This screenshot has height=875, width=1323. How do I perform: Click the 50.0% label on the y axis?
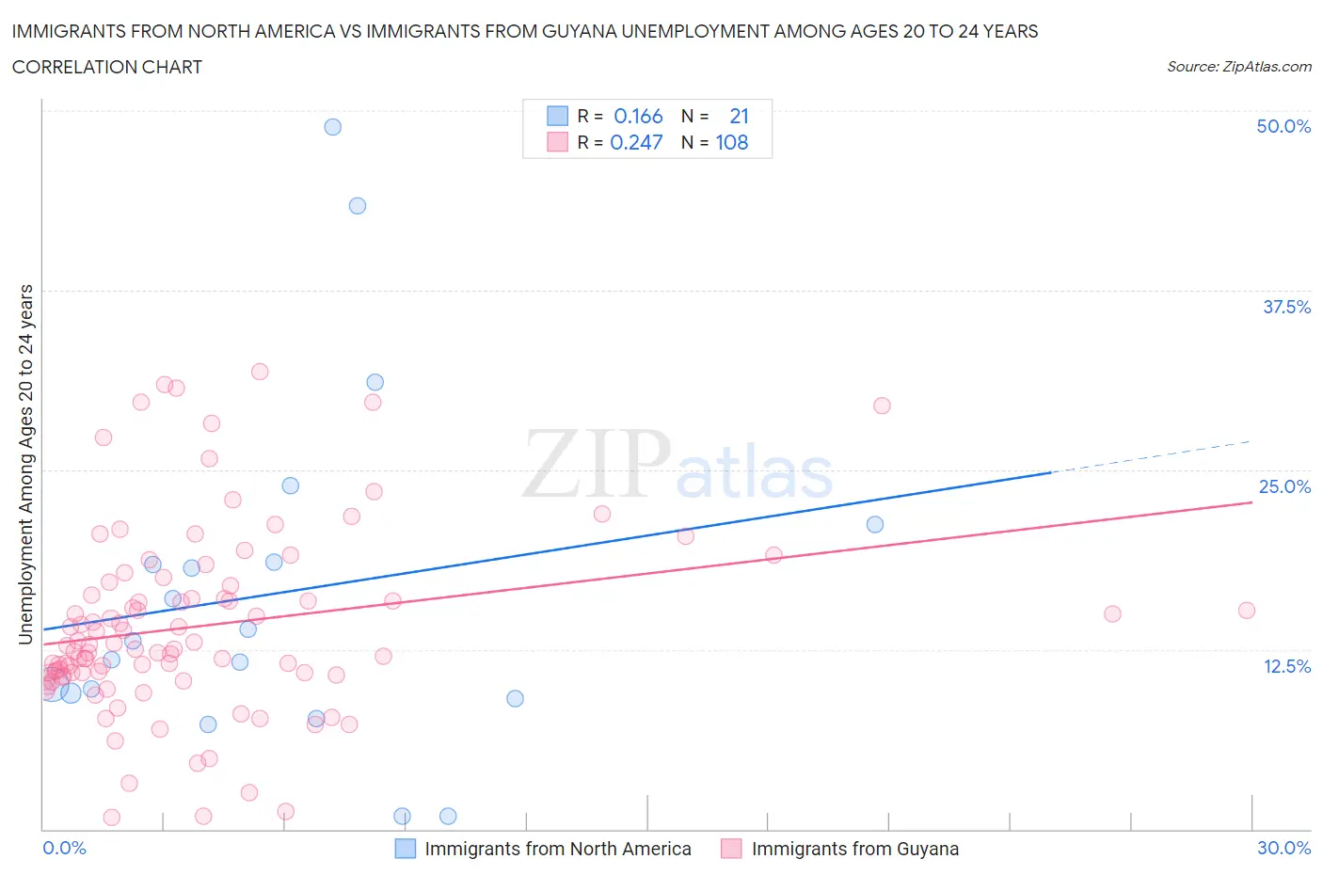pos(1283,126)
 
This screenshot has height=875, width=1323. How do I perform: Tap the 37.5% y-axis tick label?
pos(1285,307)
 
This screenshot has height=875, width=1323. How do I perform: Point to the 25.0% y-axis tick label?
pos(1284,486)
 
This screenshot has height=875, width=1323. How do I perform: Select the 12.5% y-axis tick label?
pos(1285,666)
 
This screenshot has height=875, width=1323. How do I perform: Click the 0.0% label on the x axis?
pos(64,848)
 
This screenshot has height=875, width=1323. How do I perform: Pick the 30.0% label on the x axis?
pos(1283,848)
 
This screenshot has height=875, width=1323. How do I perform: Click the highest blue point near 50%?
pos(332,127)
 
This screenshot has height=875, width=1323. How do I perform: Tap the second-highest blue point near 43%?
pos(358,206)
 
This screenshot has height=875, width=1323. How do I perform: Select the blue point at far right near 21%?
pos(875,525)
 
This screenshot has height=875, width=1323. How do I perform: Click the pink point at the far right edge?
pos(1247,611)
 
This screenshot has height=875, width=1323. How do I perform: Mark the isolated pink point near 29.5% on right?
pos(882,406)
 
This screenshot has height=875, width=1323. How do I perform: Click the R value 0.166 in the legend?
pos(638,116)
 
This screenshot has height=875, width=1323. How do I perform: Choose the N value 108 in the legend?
pos(732,142)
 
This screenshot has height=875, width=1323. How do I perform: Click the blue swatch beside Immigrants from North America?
pos(405,849)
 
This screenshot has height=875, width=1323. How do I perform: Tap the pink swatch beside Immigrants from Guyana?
pos(731,849)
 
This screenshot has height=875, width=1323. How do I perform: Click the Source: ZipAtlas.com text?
pos(1238,66)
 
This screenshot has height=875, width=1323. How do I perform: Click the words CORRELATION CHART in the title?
pos(107,67)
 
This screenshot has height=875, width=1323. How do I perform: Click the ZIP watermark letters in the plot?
pos(596,463)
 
